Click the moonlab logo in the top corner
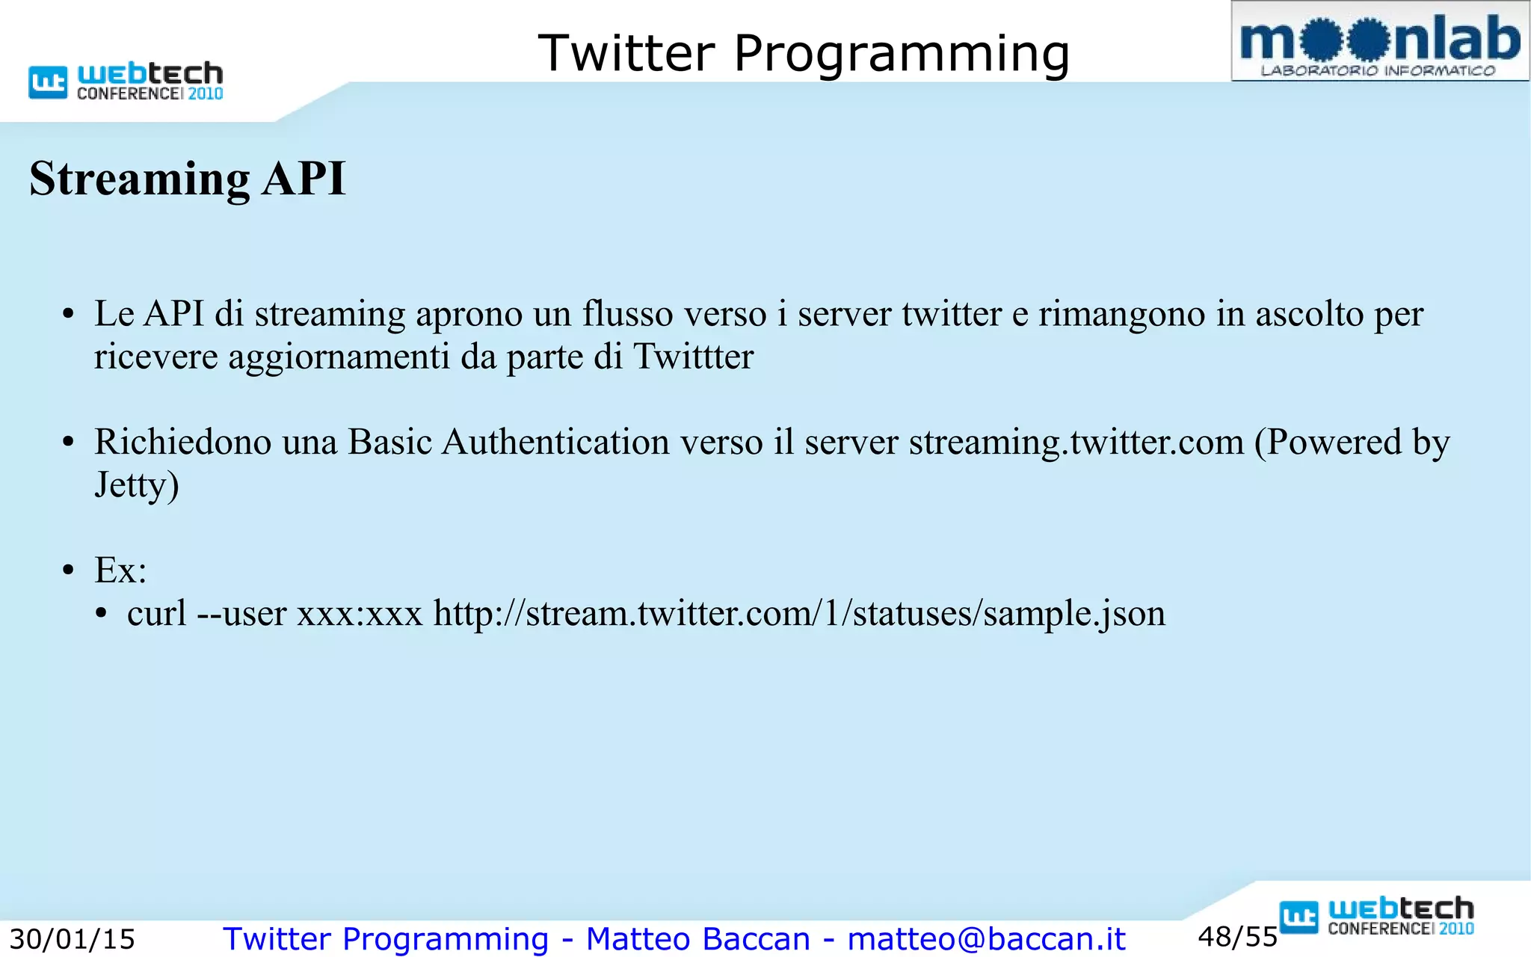tap(1380, 42)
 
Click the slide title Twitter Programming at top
tap(804, 54)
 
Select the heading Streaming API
tap(188, 179)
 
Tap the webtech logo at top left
tap(126, 81)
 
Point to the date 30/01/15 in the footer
tap(72, 939)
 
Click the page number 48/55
tap(1237, 937)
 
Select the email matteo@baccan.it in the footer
tap(986, 939)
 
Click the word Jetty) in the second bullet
tap(137, 485)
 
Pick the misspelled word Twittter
tap(693, 357)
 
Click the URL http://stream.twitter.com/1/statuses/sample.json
tap(799, 614)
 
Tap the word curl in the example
tap(156, 614)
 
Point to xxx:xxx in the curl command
tap(360, 614)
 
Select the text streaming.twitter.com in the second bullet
tap(1076, 442)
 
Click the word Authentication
tap(555, 442)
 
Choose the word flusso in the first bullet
tap(627, 314)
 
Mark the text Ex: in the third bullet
tap(120, 571)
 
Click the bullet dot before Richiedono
tap(68, 443)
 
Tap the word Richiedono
tap(182, 442)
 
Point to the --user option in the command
tap(241, 614)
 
